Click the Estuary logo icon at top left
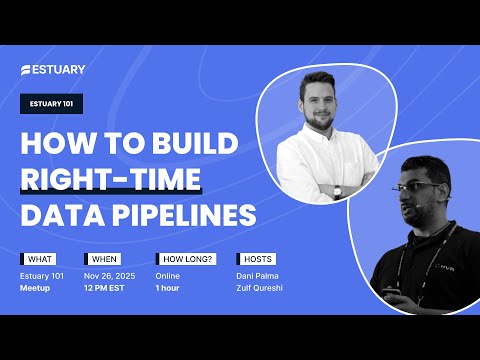pos(26,70)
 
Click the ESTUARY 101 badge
pos(52,105)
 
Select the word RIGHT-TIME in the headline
pos(111,179)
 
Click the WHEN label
pos(104,258)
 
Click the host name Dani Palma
pos(257,274)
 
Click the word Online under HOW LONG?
pos(168,274)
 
